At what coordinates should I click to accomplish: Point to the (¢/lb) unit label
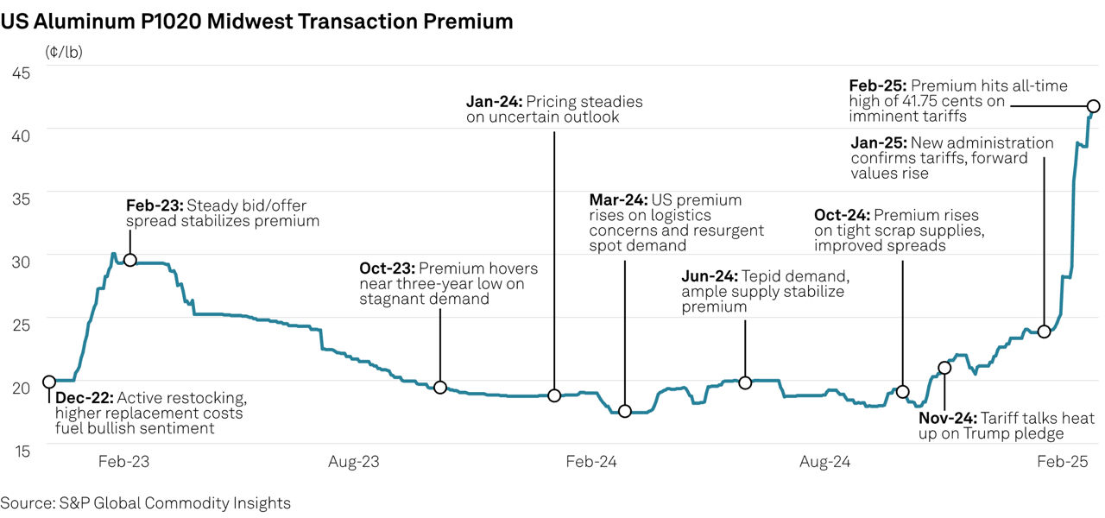tap(64, 51)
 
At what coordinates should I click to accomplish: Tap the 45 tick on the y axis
tap(21, 73)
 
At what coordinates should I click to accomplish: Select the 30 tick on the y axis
tap(21, 261)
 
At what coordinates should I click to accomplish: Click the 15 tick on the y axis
tap(21, 450)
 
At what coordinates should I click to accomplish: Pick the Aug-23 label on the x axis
tap(354, 462)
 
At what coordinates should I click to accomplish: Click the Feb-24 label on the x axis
tap(590, 462)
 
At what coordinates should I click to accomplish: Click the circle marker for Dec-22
tap(49, 382)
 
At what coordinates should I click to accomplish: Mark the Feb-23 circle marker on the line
tap(130, 260)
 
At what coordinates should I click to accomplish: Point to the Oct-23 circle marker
tap(440, 388)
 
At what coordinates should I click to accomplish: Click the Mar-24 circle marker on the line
tap(625, 411)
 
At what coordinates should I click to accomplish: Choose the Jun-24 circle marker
tap(745, 382)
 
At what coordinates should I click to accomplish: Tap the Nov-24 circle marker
tap(944, 368)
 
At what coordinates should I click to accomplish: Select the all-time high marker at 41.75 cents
tap(1093, 106)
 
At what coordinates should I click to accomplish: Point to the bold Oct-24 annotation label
tap(842, 216)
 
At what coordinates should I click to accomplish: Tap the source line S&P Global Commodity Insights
tap(145, 502)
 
